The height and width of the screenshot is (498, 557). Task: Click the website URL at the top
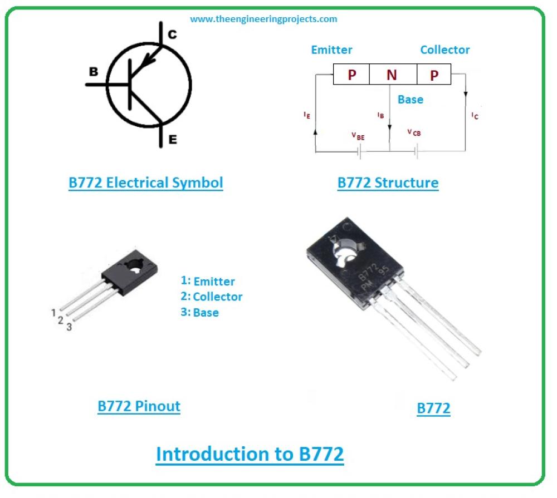[263, 19]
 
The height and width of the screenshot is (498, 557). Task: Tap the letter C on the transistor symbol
[172, 34]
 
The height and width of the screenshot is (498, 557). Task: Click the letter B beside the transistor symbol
[94, 71]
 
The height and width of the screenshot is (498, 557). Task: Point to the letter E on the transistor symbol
[173, 139]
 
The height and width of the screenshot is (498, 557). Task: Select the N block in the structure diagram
[393, 74]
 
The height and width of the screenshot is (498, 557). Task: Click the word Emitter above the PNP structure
[332, 50]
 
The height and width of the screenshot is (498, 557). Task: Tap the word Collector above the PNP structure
[444, 50]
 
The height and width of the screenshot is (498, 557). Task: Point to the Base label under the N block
[411, 100]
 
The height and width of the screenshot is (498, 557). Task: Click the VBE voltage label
[358, 136]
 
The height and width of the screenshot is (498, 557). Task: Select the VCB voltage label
[414, 132]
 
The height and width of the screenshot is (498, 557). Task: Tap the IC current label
[475, 116]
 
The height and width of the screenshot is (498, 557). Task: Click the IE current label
[307, 115]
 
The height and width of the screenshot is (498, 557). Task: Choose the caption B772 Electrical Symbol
[145, 183]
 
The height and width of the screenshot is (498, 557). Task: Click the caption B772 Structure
[388, 183]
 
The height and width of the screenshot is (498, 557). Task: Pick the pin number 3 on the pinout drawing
[69, 327]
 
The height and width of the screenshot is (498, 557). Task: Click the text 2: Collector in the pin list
[211, 297]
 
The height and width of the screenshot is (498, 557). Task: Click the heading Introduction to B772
[250, 455]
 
